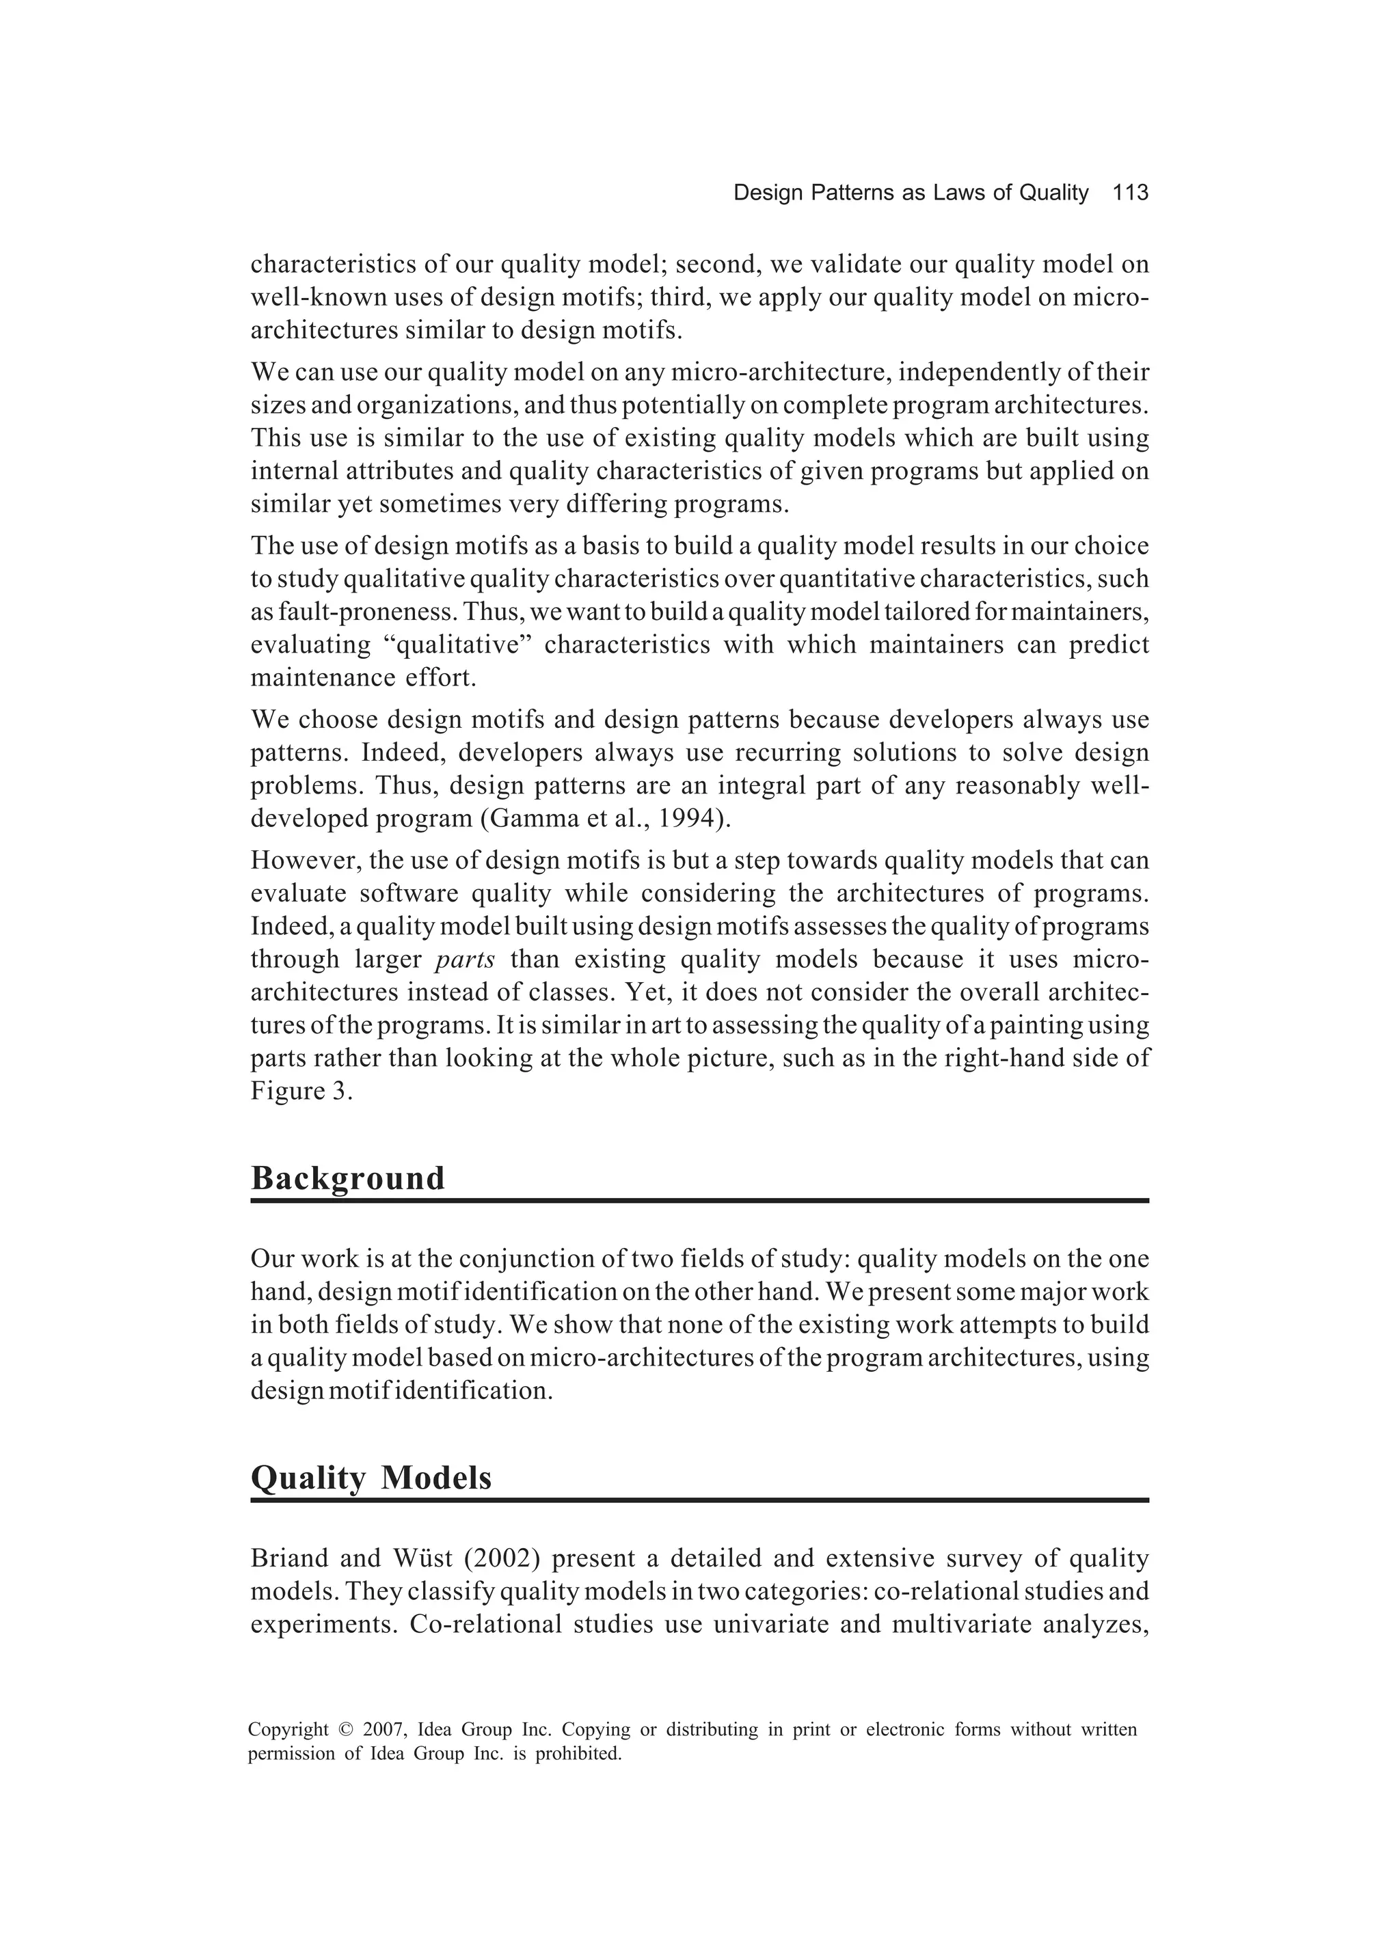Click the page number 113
tap(1130, 193)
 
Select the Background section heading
tap(347, 1178)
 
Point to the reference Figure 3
tap(301, 1091)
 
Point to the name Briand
tap(288, 1558)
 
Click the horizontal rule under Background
tap(699, 1201)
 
